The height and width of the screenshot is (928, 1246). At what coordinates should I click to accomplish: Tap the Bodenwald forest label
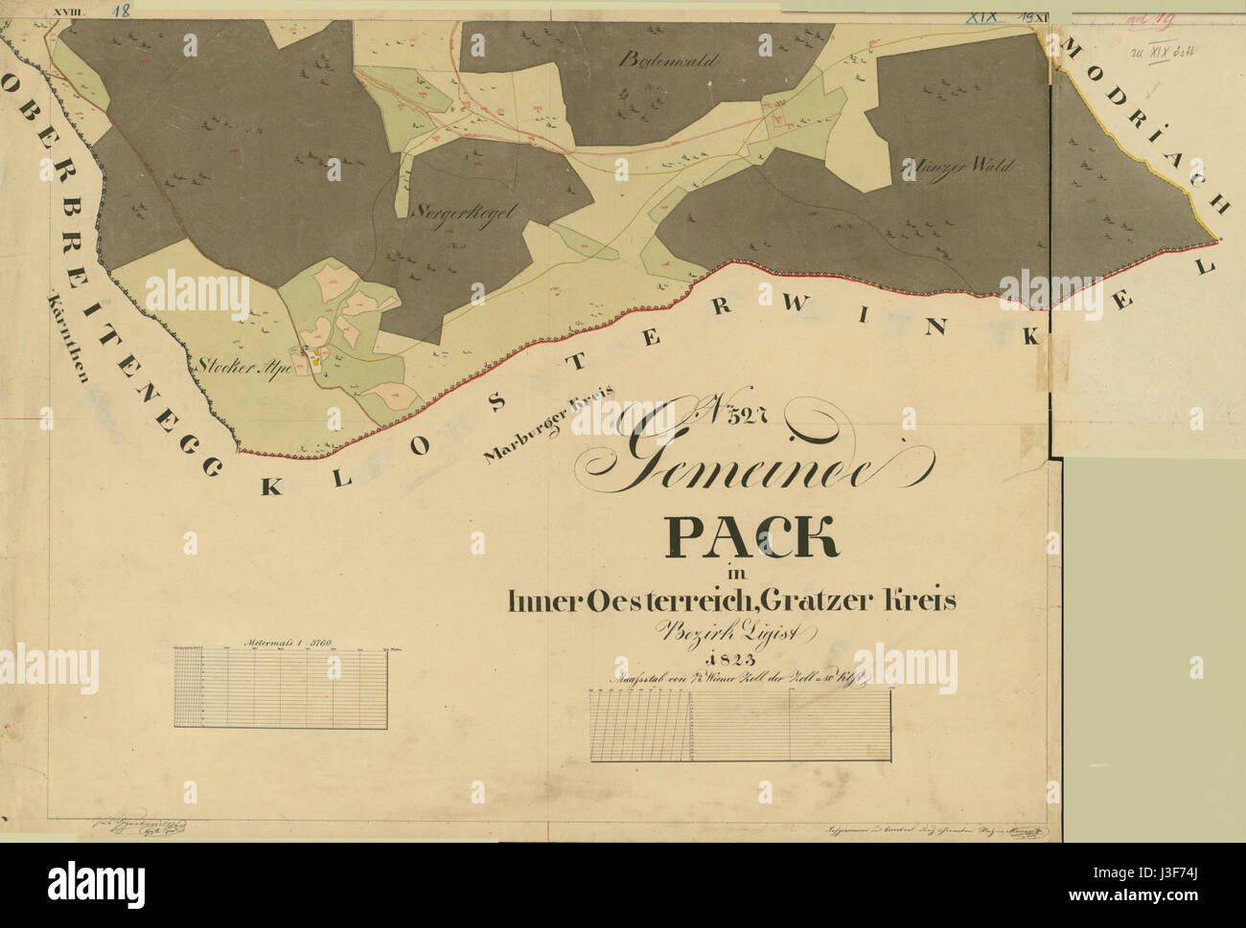668,59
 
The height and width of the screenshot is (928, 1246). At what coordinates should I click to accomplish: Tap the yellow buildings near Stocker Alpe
314,361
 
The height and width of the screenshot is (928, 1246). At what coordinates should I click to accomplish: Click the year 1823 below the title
729,660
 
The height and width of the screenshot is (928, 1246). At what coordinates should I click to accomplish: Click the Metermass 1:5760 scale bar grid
281,686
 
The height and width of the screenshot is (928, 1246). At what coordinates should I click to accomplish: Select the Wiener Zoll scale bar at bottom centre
741,725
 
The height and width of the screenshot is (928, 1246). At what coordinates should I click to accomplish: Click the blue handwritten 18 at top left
121,11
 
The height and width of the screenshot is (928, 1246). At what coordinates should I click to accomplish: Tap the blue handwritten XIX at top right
981,16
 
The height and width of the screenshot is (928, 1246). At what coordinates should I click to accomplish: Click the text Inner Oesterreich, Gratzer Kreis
732,601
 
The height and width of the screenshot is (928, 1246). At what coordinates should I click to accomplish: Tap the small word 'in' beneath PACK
735,574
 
